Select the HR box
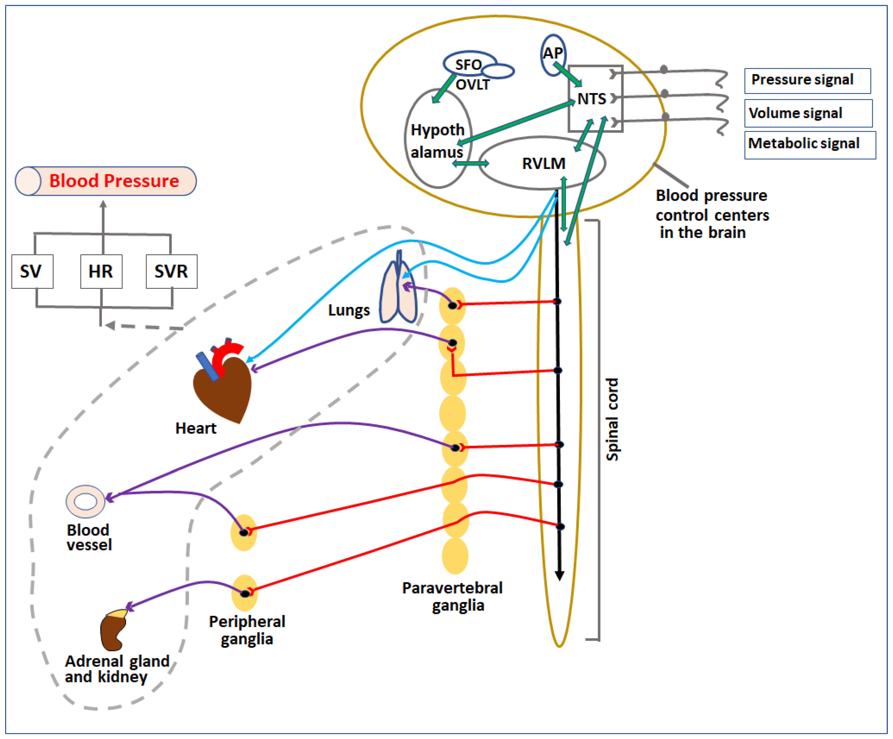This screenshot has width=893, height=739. (101, 271)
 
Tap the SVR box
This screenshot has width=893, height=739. (171, 271)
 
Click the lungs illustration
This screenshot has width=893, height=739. (398, 293)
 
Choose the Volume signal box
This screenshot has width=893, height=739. (808, 113)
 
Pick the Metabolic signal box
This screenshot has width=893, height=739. (810, 145)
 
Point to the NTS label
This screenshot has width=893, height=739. (592, 99)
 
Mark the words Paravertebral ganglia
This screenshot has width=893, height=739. (453, 597)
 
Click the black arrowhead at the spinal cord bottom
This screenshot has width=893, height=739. (560, 575)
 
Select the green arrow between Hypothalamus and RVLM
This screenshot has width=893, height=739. (471, 163)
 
